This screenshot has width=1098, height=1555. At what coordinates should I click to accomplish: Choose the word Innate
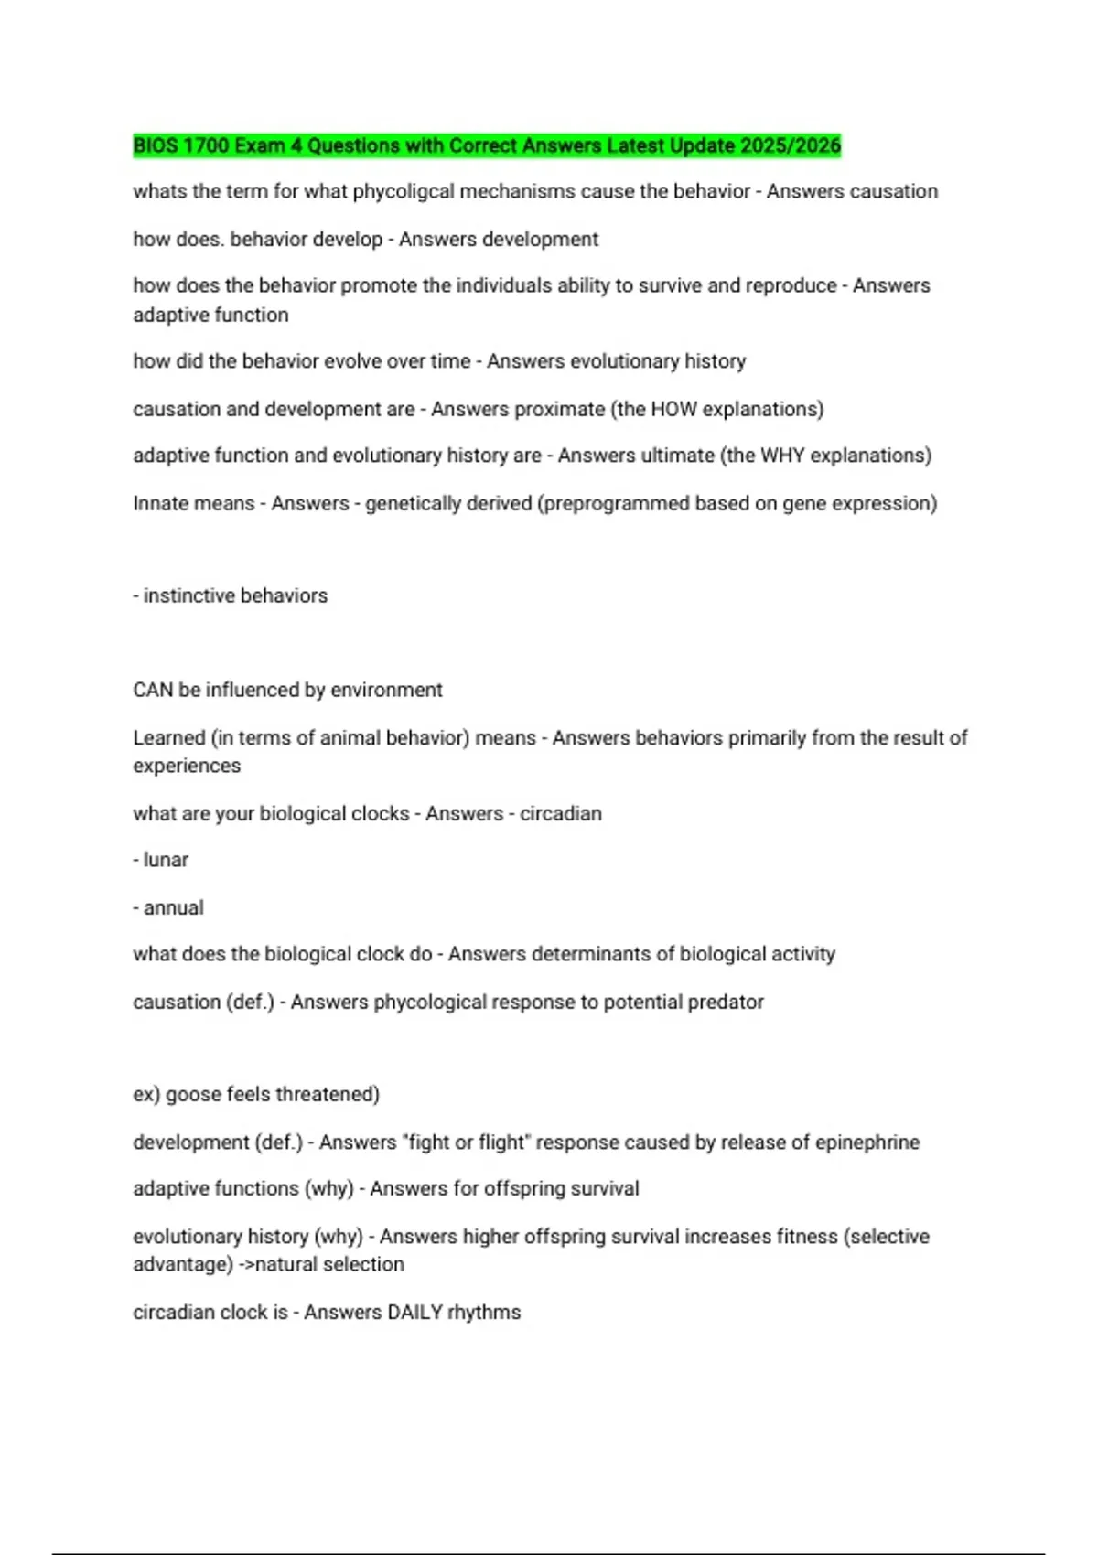pyautogui.click(x=163, y=503)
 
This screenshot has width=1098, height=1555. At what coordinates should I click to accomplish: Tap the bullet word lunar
pyautogui.click(x=166, y=860)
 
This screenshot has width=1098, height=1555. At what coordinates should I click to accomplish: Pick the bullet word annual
pyautogui.click(x=173, y=907)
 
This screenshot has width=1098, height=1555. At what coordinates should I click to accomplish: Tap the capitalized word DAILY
pyautogui.click(x=414, y=1312)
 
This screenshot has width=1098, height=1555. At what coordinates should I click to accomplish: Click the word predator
pyautogui.click(x=726, y=1002)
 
